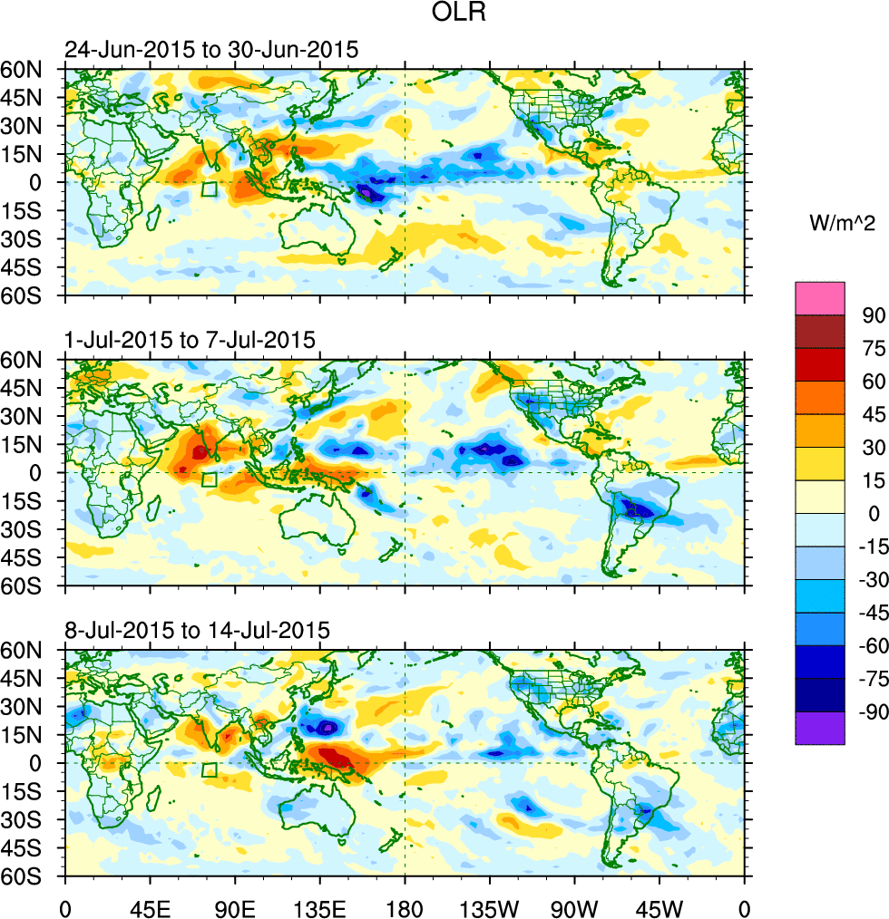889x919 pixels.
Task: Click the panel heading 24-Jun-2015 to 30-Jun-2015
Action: [x=210, y=51]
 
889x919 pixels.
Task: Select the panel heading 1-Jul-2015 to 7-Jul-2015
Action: [x=190, y=341]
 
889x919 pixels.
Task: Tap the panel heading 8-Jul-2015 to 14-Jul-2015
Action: [x=196, y=629]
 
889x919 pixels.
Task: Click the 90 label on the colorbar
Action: [x=872, y=314]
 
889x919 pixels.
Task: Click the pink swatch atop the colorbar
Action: [x=819, y=298]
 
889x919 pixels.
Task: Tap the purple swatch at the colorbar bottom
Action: [x=819, y=728]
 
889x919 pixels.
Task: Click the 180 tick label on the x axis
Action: [x=405, y=907]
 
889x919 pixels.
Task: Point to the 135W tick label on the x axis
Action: [x=490, y=907]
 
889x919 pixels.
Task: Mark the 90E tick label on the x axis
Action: [x=235, y=907]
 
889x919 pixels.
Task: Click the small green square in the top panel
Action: [x=210, y=189]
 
